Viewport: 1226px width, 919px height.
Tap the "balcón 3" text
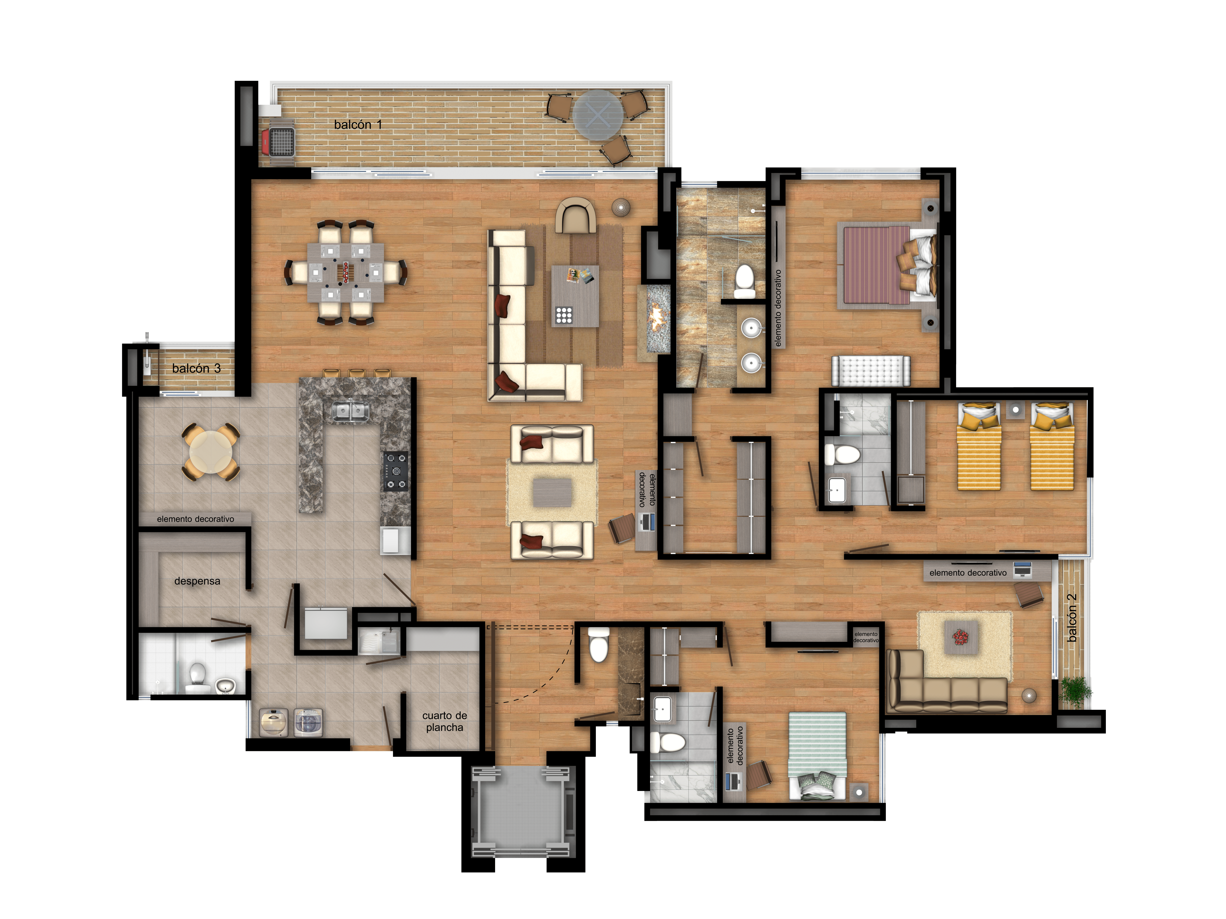196,368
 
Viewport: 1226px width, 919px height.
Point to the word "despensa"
197,581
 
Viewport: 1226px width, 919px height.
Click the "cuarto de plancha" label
444,721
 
